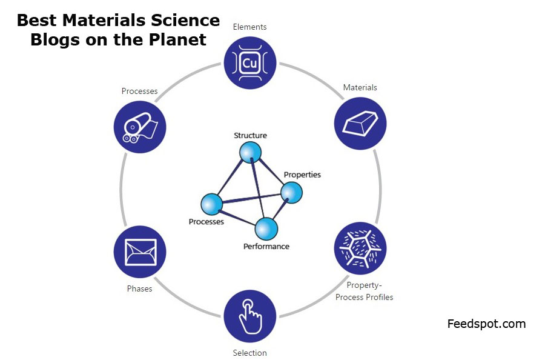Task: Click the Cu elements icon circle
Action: click(250, 62)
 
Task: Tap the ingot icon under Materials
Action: click(360, 123)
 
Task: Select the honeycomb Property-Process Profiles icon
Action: click(360, 248)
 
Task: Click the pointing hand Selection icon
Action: click(250, 316)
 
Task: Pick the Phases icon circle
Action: click(140, 252)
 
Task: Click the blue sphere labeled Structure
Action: click(250, 152)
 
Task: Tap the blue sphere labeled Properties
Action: click(291, 193)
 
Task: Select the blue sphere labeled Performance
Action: click(266, 228)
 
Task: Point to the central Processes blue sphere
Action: click(212, 205)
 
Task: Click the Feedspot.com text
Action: click(486, 324)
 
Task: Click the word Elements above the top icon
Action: click(249, 27)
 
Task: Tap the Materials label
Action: click(360, 87)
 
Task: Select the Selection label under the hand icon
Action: click(249, 353)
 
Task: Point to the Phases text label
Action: click(139, 288)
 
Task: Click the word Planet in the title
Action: click(179, 40)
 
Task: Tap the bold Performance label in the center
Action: click(266, 246)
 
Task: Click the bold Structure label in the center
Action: click(250, 135)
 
